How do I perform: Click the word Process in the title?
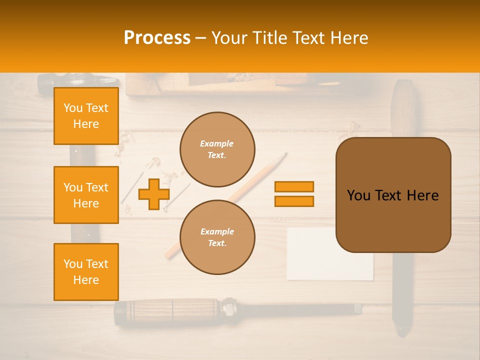(x=157, y=38)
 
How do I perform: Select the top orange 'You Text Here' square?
(x=86, y=116)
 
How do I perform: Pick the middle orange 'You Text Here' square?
(x=86, y=195)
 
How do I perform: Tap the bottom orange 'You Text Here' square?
(x=86, y=272)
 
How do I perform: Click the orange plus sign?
(x=153, y=194)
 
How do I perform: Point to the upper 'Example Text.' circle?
(x=217, y=149)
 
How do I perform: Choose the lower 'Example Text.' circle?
(x=217, y=237)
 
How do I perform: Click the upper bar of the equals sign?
(x=294, y=186)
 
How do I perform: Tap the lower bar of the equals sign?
(x=294, y=201)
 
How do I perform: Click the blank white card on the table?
(x=330, y=265)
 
